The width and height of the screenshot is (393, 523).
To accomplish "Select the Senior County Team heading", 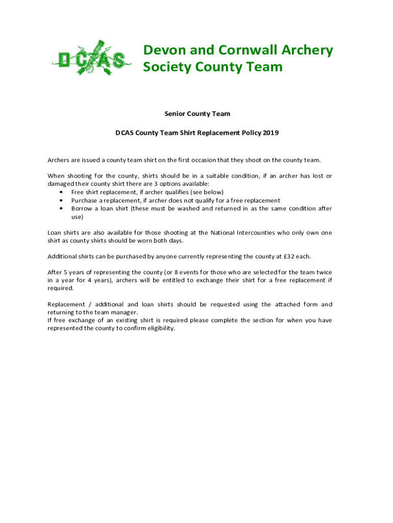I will pos(197,114).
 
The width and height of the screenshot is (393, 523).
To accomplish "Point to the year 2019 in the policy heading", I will pos(271,133).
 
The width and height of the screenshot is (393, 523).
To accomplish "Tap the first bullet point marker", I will pos(61,193).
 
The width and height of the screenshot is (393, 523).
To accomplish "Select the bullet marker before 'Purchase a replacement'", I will pos(61,201).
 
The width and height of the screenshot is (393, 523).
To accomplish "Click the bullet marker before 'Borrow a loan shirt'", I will pos(61,209).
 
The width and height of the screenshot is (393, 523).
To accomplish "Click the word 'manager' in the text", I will pos(125,312).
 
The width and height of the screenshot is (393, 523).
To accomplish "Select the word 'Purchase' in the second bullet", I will pos(84,201).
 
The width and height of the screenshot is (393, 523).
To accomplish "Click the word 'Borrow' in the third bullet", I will pos(82,208).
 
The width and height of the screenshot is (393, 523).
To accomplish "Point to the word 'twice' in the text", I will pos(323,272).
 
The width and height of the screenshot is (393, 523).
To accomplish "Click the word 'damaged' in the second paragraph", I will pos(61,184).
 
